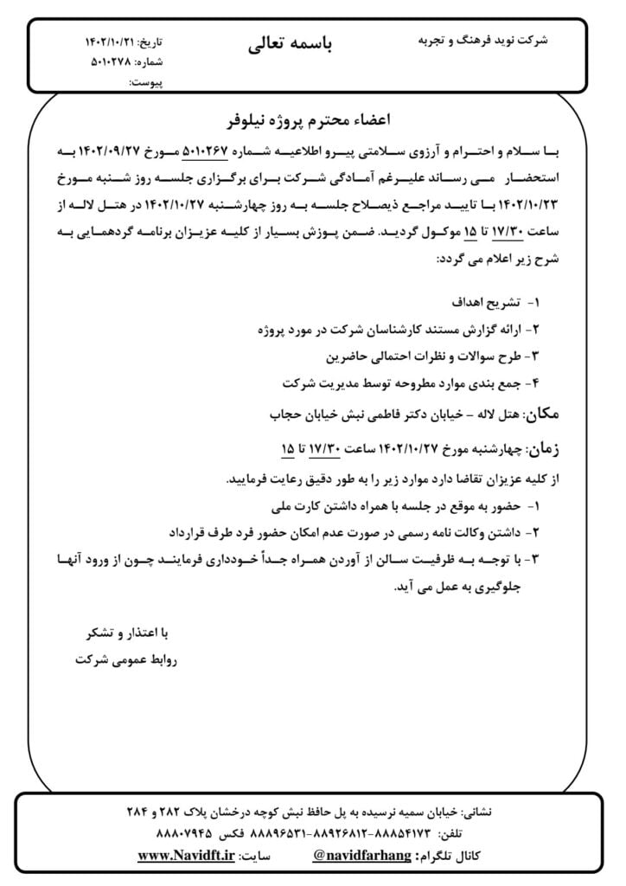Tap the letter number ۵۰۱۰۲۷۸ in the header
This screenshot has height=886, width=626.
[x=112, y=61]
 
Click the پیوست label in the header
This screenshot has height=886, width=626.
[x=145, y=82]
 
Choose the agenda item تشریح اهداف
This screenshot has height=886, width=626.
[x=483, y=304]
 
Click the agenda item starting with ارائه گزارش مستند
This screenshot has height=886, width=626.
[x=394, y=330]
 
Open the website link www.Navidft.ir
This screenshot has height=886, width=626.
[x=187, y=856]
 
